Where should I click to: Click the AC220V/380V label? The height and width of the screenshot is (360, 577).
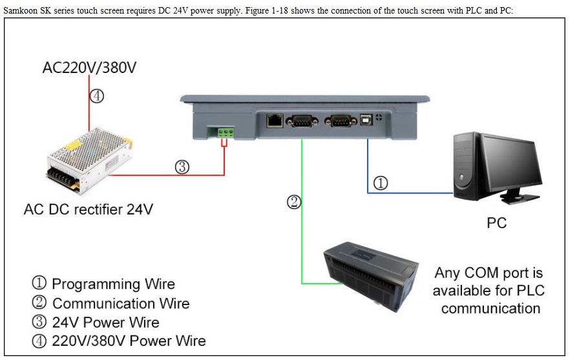click(x=89, y=67)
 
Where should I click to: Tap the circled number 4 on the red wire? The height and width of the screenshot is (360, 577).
click(x=97, y=96)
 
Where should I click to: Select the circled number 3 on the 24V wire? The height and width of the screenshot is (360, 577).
click(x=182, y=167)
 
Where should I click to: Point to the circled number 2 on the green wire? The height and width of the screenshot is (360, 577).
click(x=294, y=202)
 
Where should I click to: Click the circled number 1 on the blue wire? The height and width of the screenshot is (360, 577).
click(x=381, y=183)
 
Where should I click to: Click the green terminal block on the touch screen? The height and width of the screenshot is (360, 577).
click(x=226, y=132)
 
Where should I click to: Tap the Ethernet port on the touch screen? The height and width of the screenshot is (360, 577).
click(x=275, y=120)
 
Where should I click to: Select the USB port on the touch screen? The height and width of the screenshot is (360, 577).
click(x=366, y=120)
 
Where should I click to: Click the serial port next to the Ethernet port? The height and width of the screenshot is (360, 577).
click(x=302, y=121)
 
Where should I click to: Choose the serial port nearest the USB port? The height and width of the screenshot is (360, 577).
click(x=341, y=121)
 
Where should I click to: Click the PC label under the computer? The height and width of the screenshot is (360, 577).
click(x=496, y=223)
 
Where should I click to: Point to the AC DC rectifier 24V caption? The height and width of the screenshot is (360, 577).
click(x=89, y=209)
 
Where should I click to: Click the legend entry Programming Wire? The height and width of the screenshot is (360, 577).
click(x=103, y=284)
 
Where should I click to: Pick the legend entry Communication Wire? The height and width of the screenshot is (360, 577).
click(x=110, y=303)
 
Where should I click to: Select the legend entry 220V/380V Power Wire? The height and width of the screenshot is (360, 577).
click(x=119, y=341)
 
